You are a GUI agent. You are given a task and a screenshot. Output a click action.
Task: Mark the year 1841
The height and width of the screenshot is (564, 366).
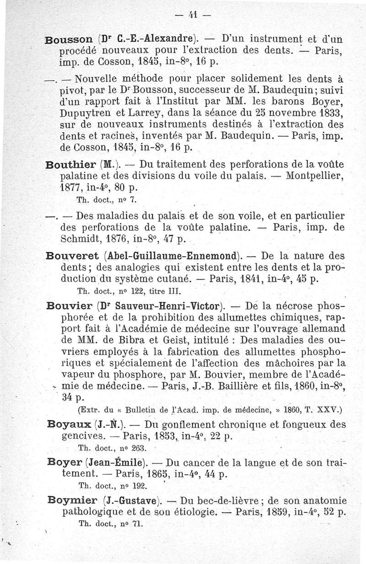coord(255,279)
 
